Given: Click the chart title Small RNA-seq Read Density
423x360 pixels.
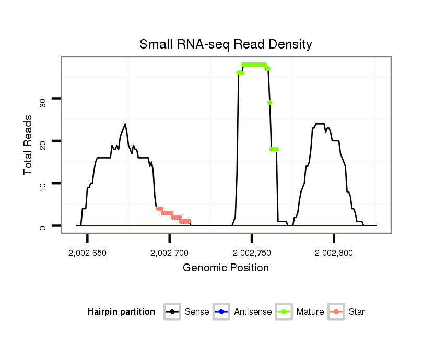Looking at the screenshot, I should pos(226,44).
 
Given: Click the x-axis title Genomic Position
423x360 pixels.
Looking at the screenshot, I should pos(226,268).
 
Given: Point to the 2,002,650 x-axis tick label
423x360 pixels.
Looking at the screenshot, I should pos(87,253).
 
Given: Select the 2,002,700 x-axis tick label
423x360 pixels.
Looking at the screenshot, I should pos(169,253).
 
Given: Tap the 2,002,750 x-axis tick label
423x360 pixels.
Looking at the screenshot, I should pos(252,253).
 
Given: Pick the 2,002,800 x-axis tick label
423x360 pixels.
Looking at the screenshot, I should pos(334,253).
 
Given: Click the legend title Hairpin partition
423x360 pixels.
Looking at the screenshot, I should pos(121,312).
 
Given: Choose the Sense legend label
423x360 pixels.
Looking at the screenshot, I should pos(197,312).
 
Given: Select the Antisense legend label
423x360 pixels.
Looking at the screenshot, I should pos(253,312).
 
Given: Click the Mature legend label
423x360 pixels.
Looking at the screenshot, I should pos(310,312).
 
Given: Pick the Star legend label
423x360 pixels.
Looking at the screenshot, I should pos(357,312).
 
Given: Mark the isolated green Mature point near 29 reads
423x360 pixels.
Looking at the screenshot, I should pos(270,103).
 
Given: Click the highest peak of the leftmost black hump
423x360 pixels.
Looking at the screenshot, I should pos(125,124).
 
